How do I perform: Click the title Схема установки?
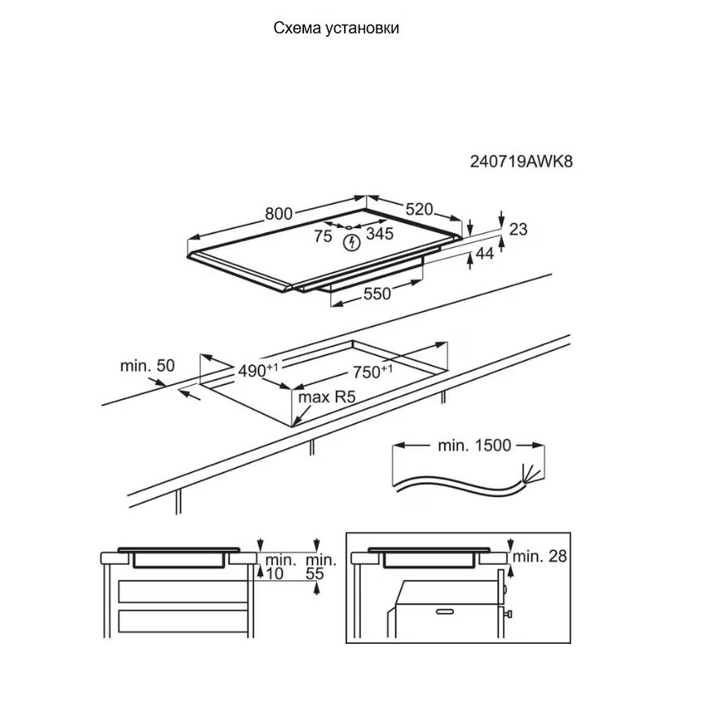click(337, 29)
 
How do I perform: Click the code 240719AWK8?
click(522, 161)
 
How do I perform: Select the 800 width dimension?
click(278, 214)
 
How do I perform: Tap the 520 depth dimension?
click(419, 209)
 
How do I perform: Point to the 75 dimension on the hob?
click(323, 236)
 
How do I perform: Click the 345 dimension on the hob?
click(380, 235)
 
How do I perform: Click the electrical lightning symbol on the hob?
click(351, 242)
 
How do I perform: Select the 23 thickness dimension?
click(518, 230)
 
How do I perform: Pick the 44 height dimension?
click(485, 255)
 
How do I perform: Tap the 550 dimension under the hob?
click(377, 294)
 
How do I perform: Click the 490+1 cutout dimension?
click(257, 369)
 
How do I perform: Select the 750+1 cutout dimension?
click(372, 372)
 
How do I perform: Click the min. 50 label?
click(148, 366)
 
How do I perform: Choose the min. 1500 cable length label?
click(474, 445)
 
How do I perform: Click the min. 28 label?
click(539, 557)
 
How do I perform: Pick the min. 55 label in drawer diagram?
click(320, 566)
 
